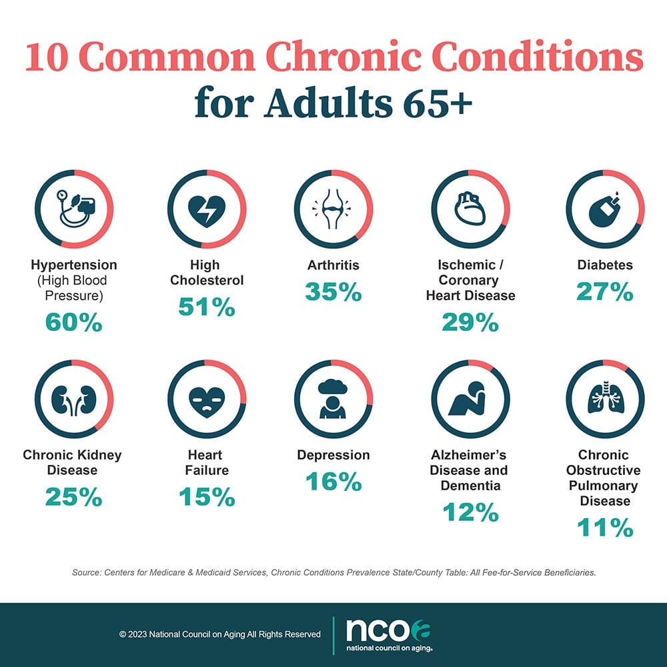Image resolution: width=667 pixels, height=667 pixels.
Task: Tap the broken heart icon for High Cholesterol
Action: [207, 209]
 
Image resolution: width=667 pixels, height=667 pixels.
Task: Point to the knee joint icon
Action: [333, 209]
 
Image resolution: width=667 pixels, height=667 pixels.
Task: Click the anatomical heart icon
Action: [470, 209]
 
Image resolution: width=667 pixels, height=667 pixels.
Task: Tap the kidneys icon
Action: [73, 399]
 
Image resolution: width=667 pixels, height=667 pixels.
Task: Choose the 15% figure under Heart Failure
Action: [207, 496]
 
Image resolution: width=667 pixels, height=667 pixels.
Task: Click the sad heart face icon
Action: [207, 399]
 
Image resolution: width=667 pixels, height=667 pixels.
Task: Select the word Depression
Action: [333, 455]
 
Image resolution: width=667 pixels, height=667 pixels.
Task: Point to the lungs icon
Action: [605, 399]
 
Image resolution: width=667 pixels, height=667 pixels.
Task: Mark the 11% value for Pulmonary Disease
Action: [605, 528]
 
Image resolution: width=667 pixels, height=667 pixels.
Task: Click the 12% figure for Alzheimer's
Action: [470, 512]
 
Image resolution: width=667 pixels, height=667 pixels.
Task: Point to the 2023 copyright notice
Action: [220, 634]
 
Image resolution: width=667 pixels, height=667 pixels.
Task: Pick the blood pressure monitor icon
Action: [73, 209]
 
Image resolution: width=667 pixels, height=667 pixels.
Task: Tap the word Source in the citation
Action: [85, 572]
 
